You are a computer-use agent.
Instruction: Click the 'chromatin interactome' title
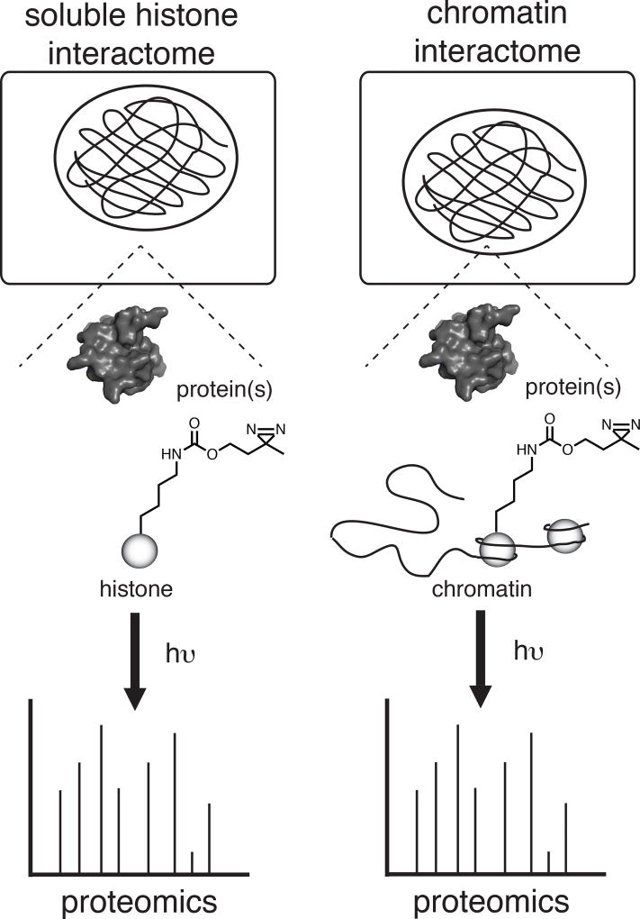(496, 36)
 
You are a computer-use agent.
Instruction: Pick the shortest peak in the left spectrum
(192, 860)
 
